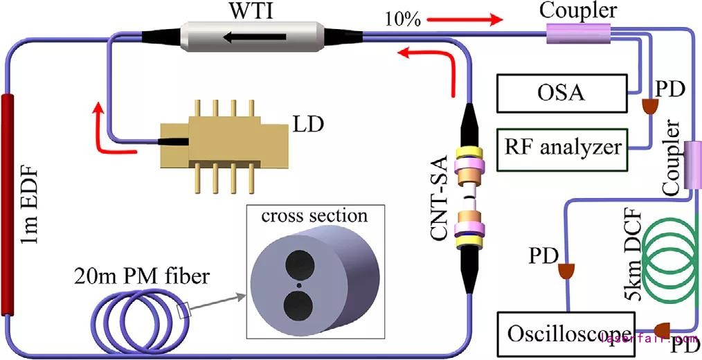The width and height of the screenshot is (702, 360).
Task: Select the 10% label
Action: tap(404, 20)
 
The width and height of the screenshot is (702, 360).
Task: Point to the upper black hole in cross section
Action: tap(298, 264)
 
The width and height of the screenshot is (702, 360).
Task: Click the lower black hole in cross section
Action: tap(298, 305)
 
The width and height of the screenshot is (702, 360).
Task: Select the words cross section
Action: tap(314, 215)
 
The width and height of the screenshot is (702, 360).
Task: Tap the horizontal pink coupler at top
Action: tap(579, 33)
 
